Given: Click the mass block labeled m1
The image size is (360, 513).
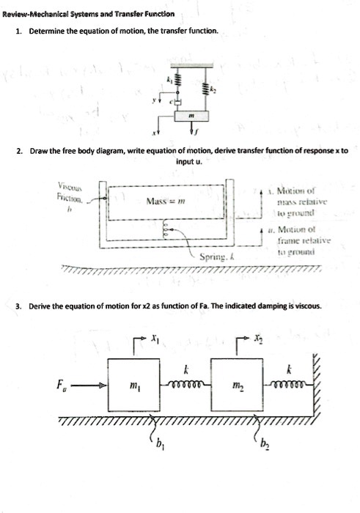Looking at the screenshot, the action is click(131, 385).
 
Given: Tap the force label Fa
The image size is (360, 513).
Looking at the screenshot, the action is click(61, 383).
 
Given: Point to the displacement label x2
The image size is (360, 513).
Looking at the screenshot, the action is click(257, 339).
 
